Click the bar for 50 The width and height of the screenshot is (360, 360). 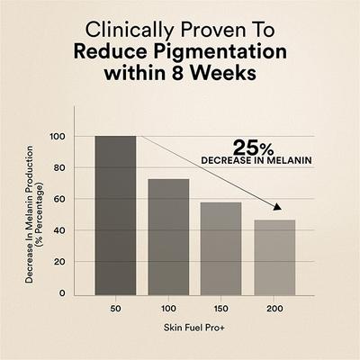[115, 215]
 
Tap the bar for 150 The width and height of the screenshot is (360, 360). [221, 248]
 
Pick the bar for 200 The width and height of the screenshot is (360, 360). [274, 257]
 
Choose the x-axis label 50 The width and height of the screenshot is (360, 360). [115, 310]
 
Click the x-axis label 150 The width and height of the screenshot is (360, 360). [221, 310]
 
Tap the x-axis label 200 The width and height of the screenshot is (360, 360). [274, 310]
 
